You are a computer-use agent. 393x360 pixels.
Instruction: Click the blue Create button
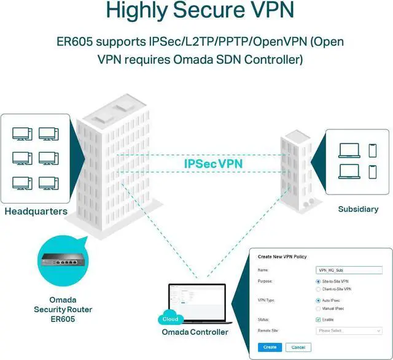(270, 347)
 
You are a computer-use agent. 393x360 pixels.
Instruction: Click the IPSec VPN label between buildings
(213, 164)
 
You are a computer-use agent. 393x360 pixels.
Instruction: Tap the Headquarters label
(36, 212)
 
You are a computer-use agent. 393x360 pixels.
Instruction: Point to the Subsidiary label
(358, 209)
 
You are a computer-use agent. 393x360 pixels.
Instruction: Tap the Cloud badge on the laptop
(171, 319)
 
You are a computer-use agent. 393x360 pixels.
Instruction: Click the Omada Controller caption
(195, 332)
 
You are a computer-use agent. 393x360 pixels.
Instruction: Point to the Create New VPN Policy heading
(282, 256)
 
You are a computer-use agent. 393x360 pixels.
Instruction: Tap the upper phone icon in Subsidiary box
(372, 150)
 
